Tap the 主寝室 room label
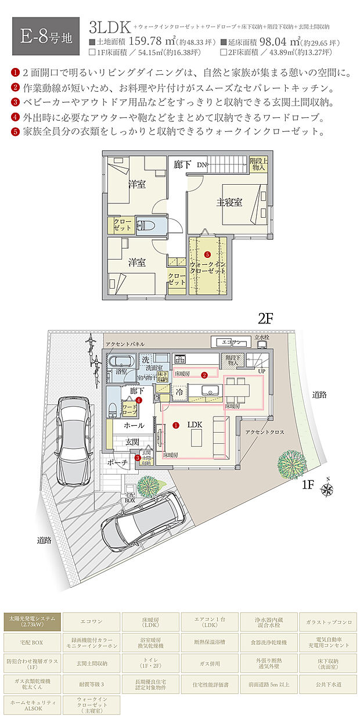pyautogui.click(x=229, y=202)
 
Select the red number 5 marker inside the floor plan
pyautogui.click(x=207, y=254)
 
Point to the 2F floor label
pyautogui.click(x=265, y=318)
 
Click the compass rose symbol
pyautogui.click(x=327, y=488)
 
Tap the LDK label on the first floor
pyautogui.click(x=195, y=425)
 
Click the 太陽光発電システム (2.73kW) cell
pyautogui.click(x=32, y=622)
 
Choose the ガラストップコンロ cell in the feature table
pyautogui.click(x=328, y=622)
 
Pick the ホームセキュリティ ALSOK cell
pyautogui.click(x=32, y=703)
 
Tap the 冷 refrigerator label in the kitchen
pyautogui.click(x=180, y=391)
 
